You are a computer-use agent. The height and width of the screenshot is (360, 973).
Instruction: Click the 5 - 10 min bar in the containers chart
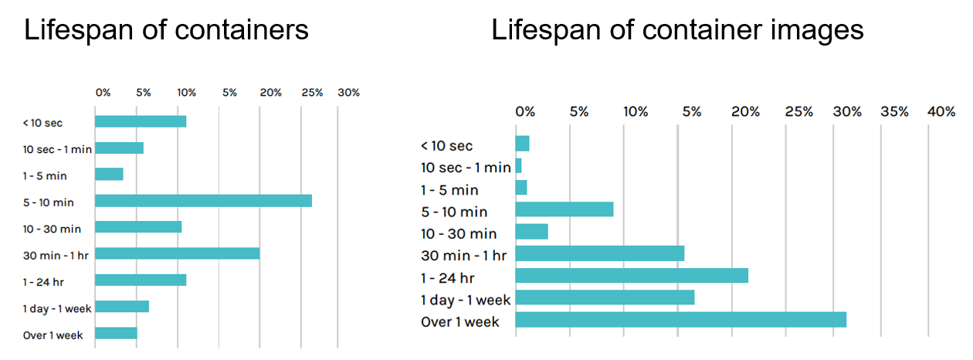[x=203, y=201]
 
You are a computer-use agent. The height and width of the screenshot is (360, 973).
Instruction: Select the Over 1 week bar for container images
[x=680, y=320]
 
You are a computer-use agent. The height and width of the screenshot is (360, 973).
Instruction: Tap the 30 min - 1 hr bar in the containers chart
[x=178, y=253]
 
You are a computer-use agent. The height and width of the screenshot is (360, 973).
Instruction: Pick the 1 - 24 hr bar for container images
[x=632, y=276]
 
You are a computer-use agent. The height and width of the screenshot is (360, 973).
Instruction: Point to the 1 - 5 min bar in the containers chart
[x=109, y=174]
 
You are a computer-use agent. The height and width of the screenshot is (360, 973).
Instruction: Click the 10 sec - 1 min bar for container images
[x=518, y=165]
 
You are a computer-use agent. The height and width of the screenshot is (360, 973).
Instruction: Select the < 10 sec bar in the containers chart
[x=141, y=121]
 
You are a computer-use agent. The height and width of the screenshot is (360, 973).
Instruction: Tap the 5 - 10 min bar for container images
[x=564, y=209]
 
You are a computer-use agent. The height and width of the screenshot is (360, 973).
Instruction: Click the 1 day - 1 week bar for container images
[x=605, y=297]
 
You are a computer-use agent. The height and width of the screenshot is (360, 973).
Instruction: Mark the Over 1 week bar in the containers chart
[x=116, y=333]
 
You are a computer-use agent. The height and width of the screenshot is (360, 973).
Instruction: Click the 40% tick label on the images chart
[x=941, y=112]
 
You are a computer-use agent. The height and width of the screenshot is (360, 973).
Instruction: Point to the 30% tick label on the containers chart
[x=349, y=93]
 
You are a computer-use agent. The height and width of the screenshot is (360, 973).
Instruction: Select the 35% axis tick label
[x=894, y=112]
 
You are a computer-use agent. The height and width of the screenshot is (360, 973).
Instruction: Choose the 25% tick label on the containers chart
[x=312, y=93]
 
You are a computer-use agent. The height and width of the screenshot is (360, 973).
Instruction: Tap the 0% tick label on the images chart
[x=525, y=112]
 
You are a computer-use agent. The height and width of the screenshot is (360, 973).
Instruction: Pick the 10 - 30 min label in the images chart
[x=459, y=233]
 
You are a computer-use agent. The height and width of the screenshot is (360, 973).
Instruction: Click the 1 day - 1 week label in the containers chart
[x=57, y=309]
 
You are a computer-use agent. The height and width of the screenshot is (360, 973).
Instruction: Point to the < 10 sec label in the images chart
[x=446, y=146]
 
